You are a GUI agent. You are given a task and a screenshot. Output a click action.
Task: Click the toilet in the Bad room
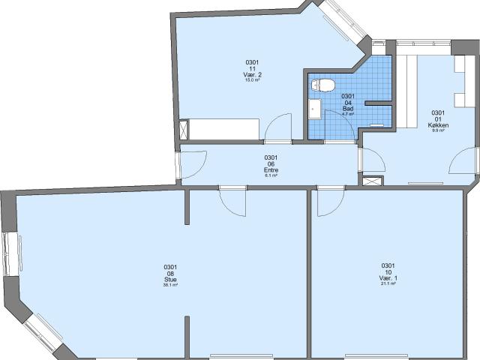[324, 84]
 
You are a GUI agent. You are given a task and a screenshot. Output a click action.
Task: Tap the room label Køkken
[438, 125]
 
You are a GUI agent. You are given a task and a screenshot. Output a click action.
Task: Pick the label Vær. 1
[388, 278]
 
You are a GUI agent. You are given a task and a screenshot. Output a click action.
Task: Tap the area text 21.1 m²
[388, 284]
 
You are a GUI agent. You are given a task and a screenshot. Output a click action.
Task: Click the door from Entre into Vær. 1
[329, 200]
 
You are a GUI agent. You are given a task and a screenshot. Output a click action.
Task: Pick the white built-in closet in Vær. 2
[223, 128]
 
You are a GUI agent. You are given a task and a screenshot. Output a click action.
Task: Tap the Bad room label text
[348, 109]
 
